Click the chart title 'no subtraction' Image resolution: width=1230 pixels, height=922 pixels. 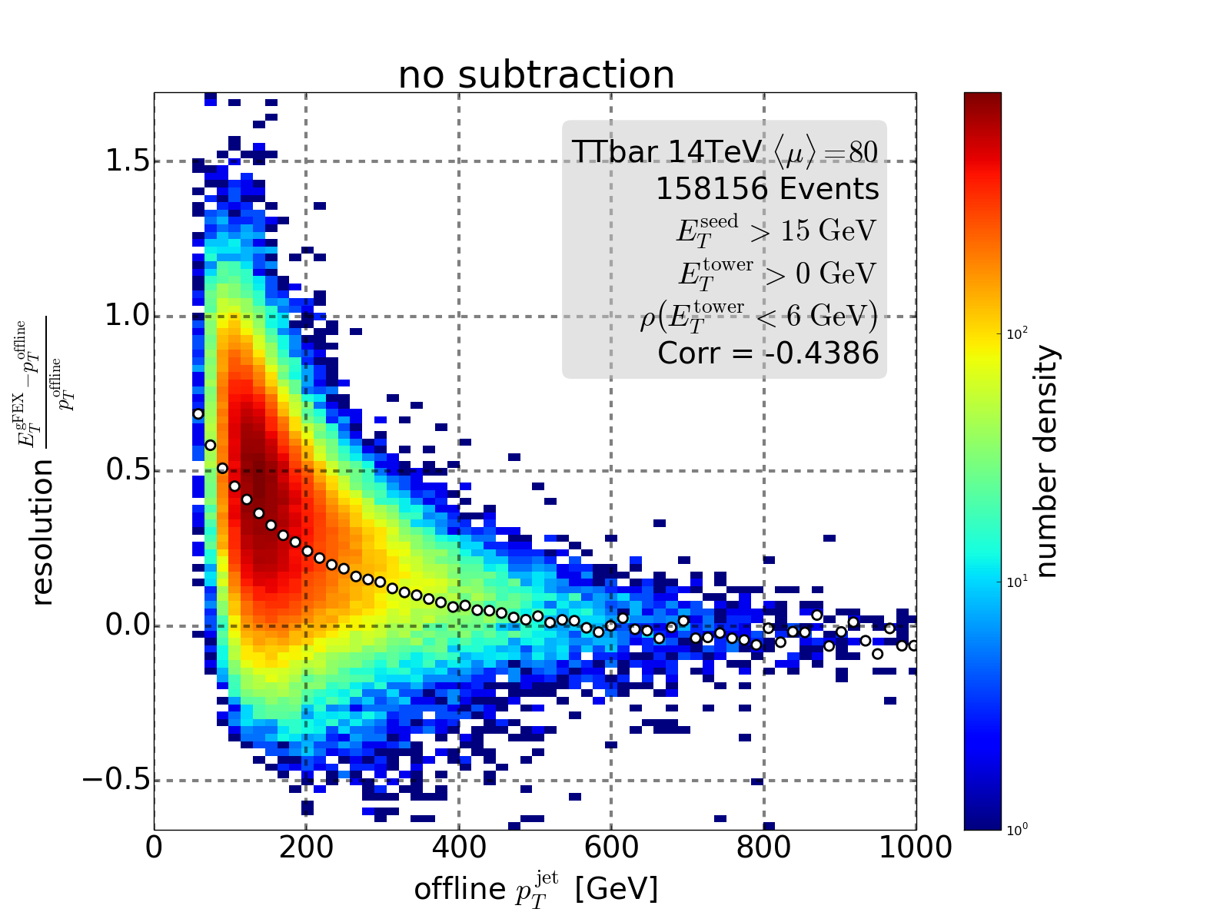coord(536,75)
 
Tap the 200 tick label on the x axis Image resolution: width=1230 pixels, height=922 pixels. coord(306,847)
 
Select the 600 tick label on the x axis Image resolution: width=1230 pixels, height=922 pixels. coord(611,847)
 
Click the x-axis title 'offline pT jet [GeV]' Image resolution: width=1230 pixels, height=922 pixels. coord(536,889)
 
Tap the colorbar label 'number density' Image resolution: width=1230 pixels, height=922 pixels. coord(1047,461)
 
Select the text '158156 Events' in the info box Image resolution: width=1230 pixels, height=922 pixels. coord(766,189)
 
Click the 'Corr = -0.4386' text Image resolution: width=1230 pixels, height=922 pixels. coord(768,353)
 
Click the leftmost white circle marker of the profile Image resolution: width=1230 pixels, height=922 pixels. coord(198,414)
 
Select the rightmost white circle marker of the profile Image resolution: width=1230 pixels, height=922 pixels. coord(913,645)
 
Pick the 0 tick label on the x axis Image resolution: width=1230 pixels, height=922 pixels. coord(155,847)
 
